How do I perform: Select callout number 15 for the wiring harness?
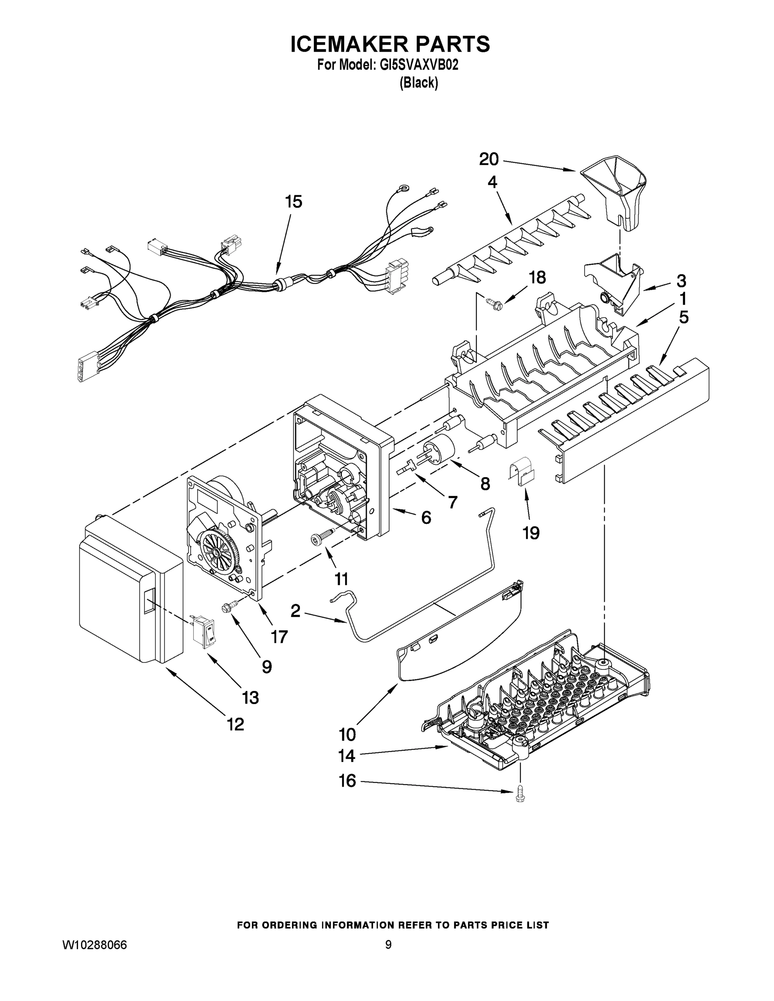(294, 202)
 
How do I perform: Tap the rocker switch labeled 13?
(204, 631)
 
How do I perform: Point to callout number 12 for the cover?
(235, 724)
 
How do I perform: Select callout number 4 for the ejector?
(492, 182)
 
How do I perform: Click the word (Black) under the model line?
(418, 83)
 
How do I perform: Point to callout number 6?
(426, 518)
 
